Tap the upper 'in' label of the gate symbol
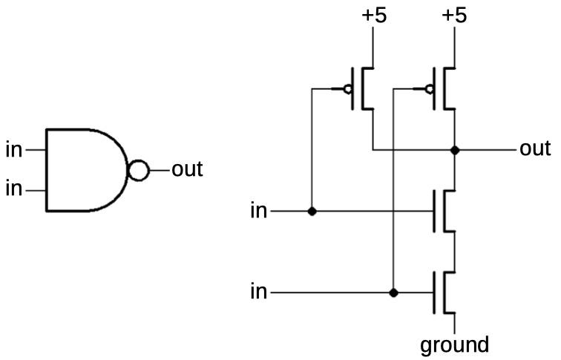[x=14, y=150]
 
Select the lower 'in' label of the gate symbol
[x=14, y=189]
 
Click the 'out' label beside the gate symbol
[x=187, y=169]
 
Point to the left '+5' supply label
[x=374, y=16]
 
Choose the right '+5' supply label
[x=454, y=16]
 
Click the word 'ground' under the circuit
[x=454, y=345]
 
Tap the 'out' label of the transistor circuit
[x=535, y=148]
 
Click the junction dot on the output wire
[x=455, y=150]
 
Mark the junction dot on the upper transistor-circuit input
[x=312, y=211]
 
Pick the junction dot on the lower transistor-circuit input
[x=393, y=292]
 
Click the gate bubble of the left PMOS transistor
[x=347, y=89]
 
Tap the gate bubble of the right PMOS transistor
[x=430, y=89]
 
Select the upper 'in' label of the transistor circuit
[x=259, y=210]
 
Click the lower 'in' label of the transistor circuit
[x=259, y=292]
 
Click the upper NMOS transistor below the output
[x=444, y=211]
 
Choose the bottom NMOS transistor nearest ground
[x=444, y=292]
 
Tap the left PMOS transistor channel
[x=362, y=88]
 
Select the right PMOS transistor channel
[x=444, y=88]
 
